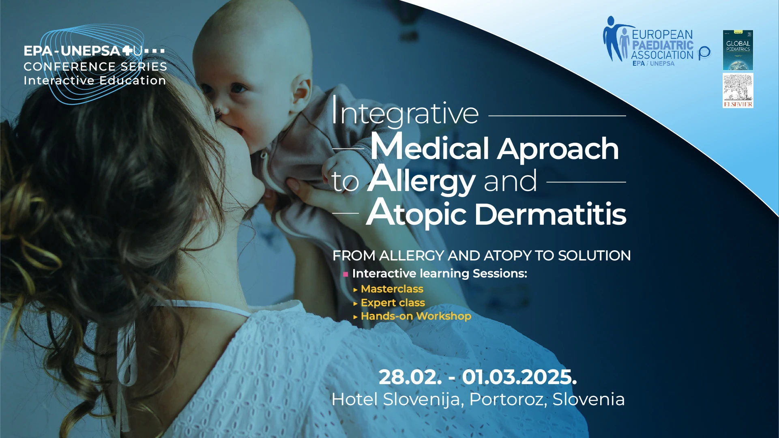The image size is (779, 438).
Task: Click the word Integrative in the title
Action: tap(405, 111)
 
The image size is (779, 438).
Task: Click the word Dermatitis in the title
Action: tap(550, 214)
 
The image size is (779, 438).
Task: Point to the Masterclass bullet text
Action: tap(392, 289)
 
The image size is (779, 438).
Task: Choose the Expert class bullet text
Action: tap(393, 303)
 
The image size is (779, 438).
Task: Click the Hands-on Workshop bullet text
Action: tap(416, 316)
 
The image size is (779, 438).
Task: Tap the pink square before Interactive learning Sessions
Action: tap(346, 274)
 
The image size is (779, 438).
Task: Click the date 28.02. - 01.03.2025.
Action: tap(478, 377)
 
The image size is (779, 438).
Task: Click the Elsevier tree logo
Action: tap(738, 90)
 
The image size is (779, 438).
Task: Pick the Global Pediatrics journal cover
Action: tap(738, 50)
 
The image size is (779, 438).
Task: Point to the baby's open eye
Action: tap(238, 88)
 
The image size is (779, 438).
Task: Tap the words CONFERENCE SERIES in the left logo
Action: tap(95, 67)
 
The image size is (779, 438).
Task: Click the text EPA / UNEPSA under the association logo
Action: tap(653, 63)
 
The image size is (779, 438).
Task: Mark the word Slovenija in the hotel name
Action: tap(422, 400)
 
